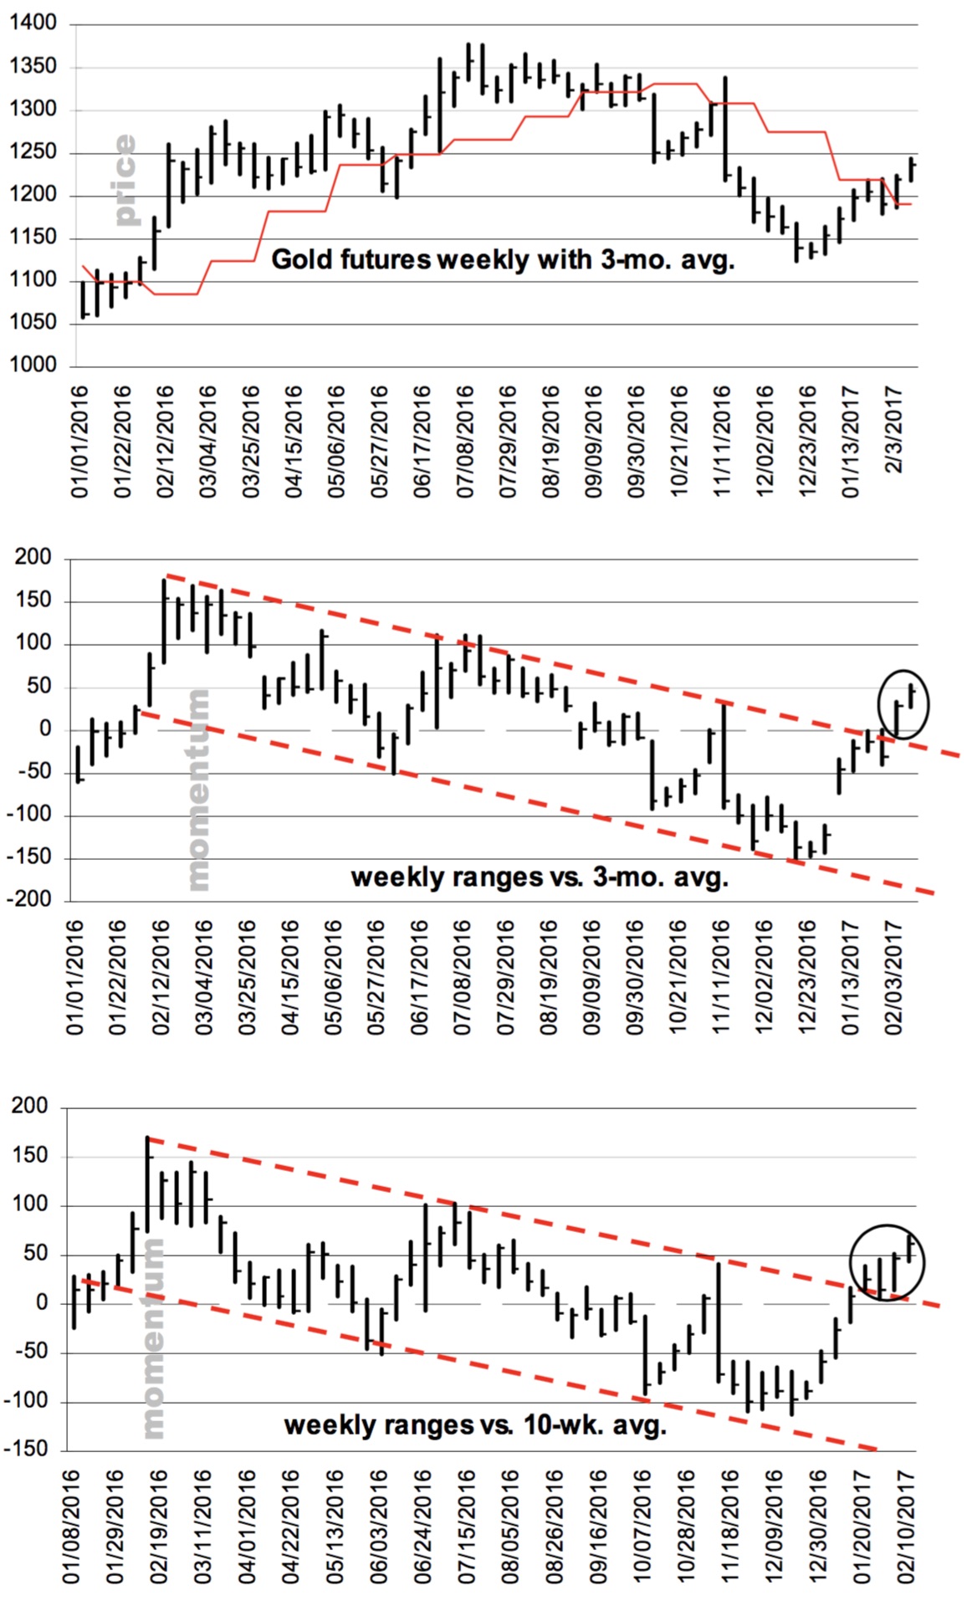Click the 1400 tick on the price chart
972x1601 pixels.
click(x=33, y=23)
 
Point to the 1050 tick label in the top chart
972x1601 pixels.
click(x=33, y=322)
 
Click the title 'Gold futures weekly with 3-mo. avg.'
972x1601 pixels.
click(x=503, y=260)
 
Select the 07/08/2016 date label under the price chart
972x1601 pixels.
click(x=465, y=441)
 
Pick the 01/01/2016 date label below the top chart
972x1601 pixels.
click(x=79, y=441)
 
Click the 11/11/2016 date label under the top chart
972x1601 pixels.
click(x=722, y=441)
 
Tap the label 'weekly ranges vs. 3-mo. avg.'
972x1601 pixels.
click(x=540, y=877)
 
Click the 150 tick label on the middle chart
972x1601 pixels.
click(x=33, y=601)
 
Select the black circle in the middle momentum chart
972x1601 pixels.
click(x=903, y=704)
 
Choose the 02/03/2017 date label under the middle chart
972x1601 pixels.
click(x=893, y=977)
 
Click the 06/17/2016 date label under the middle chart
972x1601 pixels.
click(x=420, y=977)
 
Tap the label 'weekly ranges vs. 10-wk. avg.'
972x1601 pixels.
click(x=475, y=1425)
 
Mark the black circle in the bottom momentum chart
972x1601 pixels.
click(x=887, y=1263)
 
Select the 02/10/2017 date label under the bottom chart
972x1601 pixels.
click(x=906, y=1527)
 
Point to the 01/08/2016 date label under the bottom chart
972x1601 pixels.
click(x=72, y=1527)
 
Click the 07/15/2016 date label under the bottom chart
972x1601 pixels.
click(x=464, y=1527)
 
